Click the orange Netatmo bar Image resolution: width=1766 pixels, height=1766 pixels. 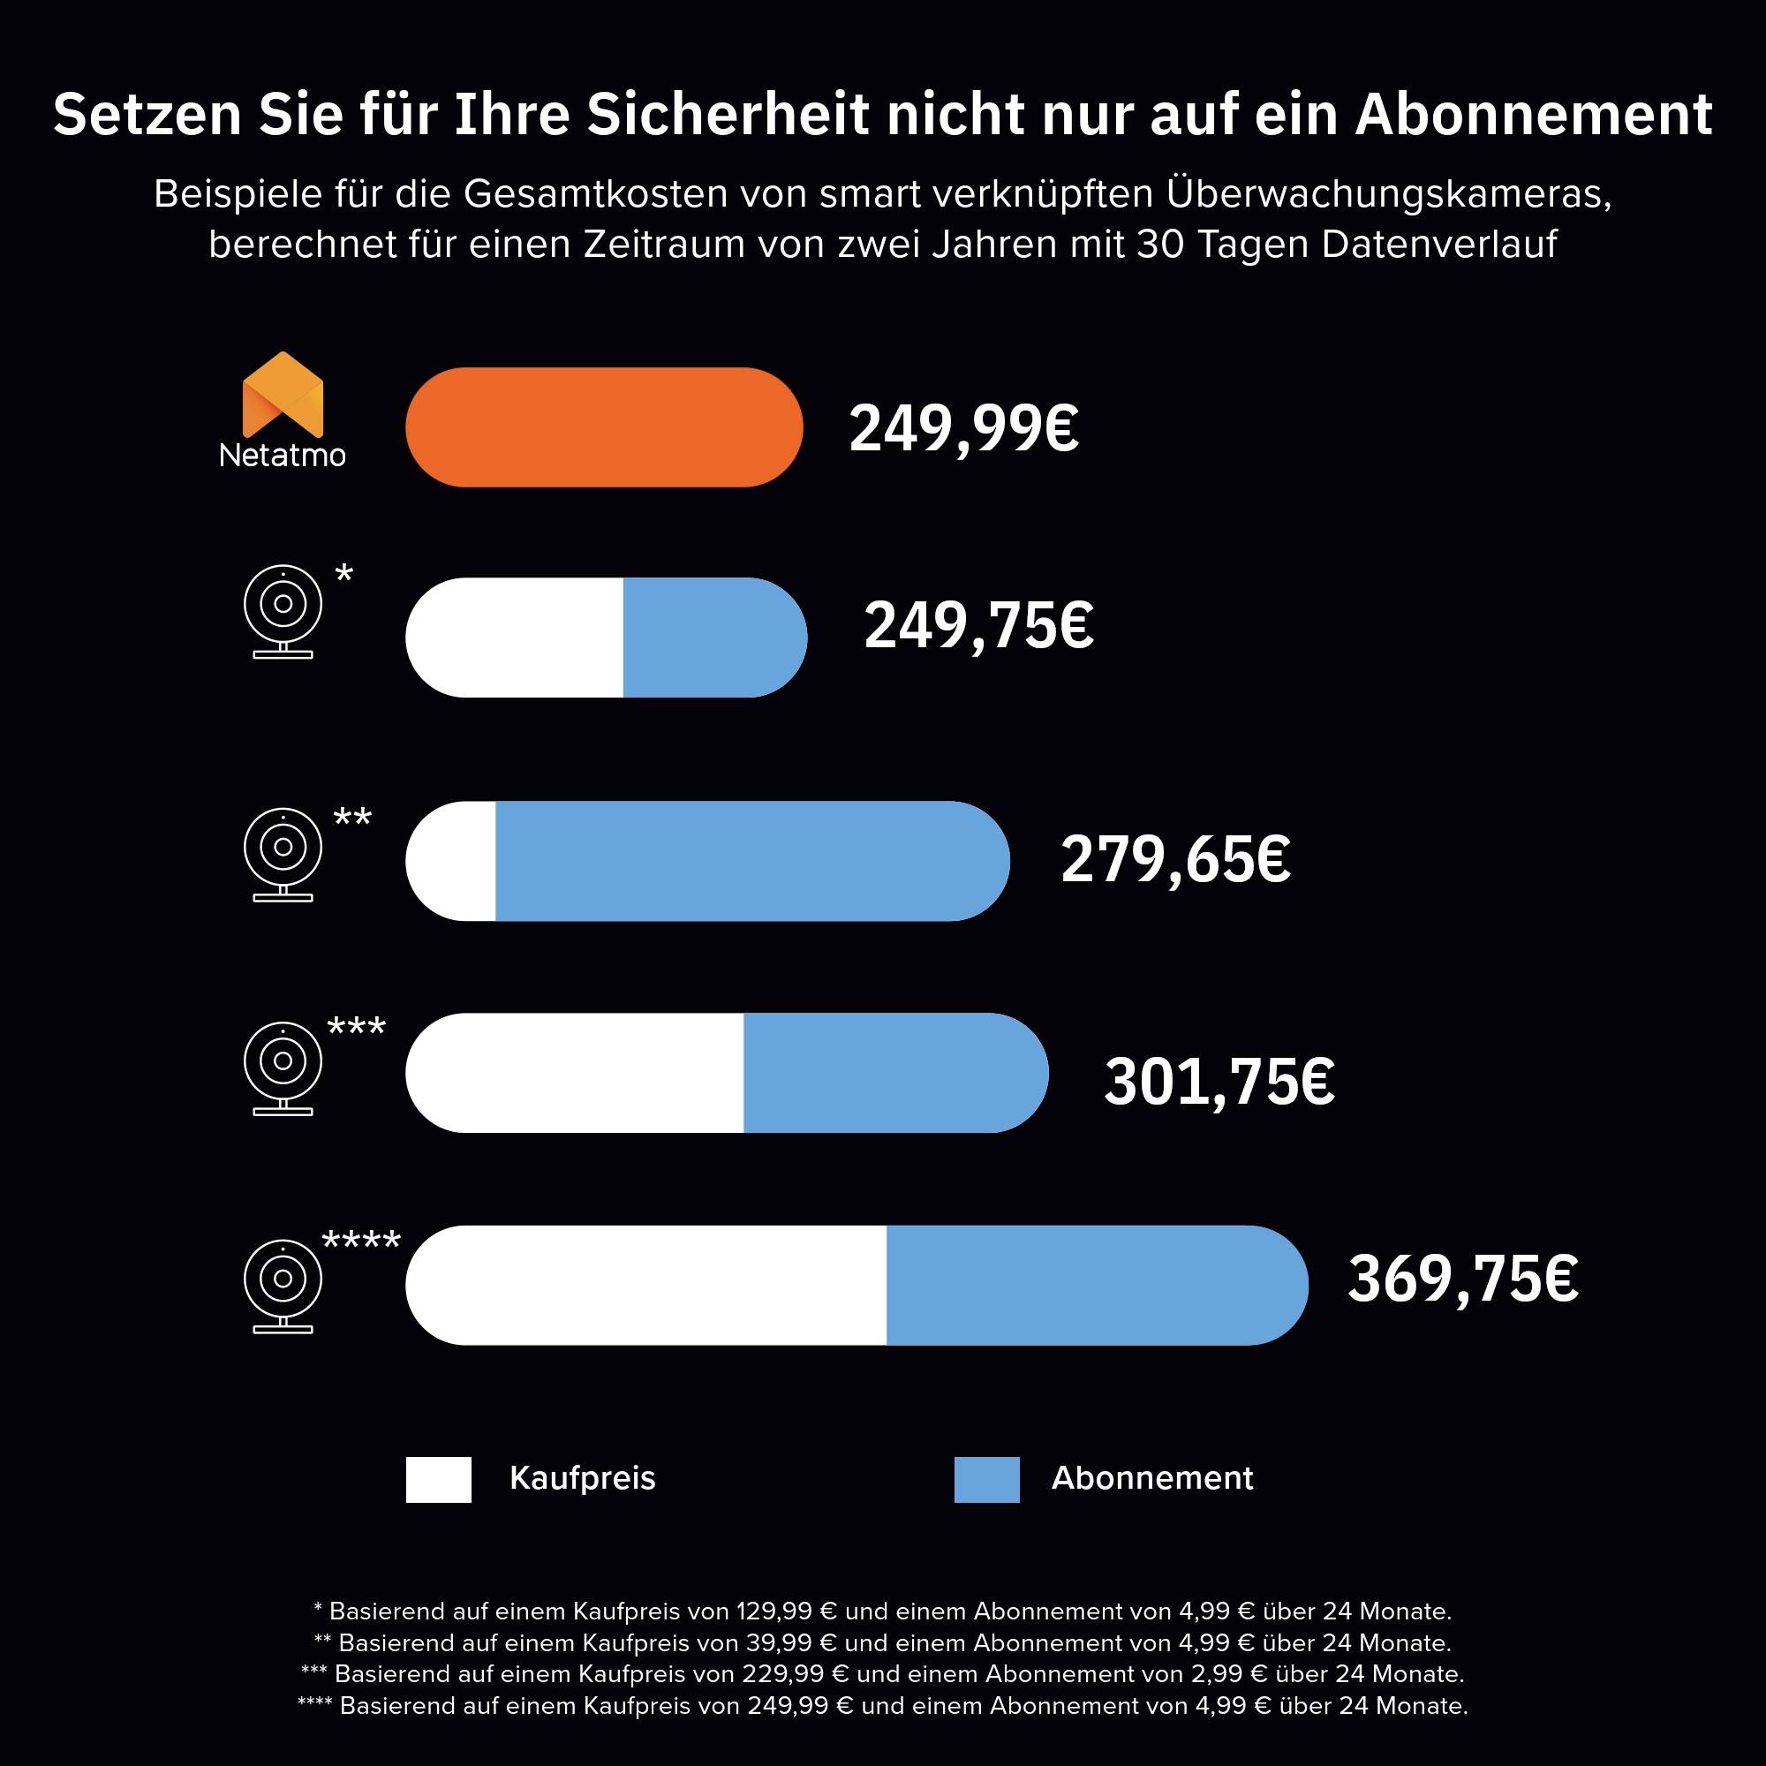click(603, 426)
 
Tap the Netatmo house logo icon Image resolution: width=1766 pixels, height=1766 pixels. click(283, 394)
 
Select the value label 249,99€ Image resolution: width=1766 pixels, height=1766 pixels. click(963, 429)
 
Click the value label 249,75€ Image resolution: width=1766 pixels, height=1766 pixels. click(978, 627)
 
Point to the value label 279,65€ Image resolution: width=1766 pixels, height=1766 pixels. click(1174, 860)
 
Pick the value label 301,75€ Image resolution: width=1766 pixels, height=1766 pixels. click(1219, 1083)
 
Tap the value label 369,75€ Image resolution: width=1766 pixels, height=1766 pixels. click(1461, 1279)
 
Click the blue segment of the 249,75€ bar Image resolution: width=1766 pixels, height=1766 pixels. click(713, 638)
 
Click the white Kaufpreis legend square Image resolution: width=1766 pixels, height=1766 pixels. click(439, 1479)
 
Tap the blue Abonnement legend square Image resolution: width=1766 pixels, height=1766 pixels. click(986, 1479)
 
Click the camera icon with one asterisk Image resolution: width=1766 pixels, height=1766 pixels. click(283, 611)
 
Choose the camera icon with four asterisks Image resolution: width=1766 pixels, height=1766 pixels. click(283, 1285)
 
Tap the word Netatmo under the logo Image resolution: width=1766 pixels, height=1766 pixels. click(283, 456)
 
